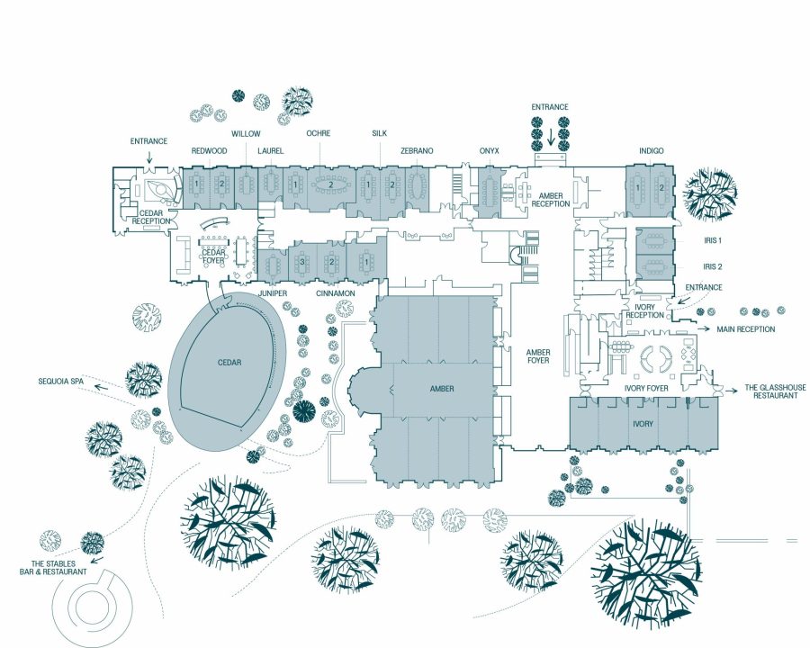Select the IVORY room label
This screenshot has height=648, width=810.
pyautogui.click(x=643, y=422)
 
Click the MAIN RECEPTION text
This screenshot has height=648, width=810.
pyautogui.click(x=745, y=329)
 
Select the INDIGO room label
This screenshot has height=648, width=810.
pyautogui.click(x=652, y=151)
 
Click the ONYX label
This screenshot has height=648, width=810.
pyautogui.click(x=490, y=151)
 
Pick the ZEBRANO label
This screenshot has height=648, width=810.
pyautogui.click(x=418, y=151)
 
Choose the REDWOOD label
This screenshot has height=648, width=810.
pyautogui.click(x=209, y=151)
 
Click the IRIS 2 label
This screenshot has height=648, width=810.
pyautogui.click(x=713, y=266)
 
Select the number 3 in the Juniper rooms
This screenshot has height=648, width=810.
pyautogui.click(x=303, y=262)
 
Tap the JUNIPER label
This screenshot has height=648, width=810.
pyautogui.click(x=273, y=294)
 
